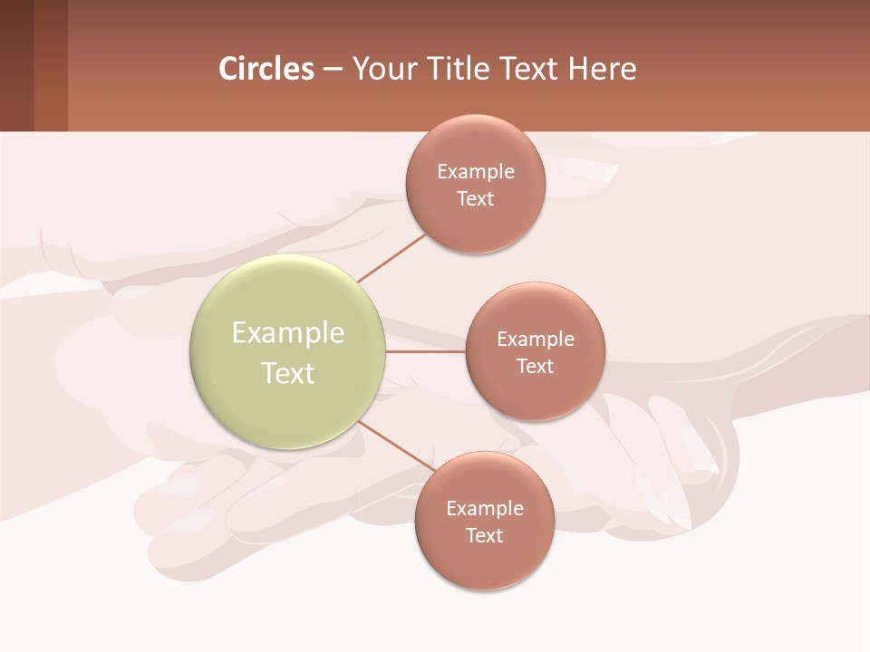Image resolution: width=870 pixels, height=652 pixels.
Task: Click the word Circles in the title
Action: [266, 69]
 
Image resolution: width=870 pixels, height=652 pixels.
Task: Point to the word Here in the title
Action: [603, 69]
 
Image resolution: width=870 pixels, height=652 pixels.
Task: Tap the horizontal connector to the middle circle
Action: [425, 351]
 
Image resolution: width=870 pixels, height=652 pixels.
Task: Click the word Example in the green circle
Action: [288, 333]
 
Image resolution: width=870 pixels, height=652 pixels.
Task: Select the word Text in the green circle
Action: [288, 373]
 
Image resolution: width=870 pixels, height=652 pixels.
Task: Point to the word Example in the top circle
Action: [476, 172]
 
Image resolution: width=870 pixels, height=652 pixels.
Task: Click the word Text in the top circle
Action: [475, 199]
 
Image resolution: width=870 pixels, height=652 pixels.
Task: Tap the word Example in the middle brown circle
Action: [536, 340]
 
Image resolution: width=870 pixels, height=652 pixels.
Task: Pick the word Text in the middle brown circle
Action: [535, 367]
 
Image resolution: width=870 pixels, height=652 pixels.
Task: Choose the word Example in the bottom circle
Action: [485, 509]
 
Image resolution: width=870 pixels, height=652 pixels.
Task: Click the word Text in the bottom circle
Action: [484, 536]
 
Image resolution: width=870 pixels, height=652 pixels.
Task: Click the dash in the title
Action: [333, 69]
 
